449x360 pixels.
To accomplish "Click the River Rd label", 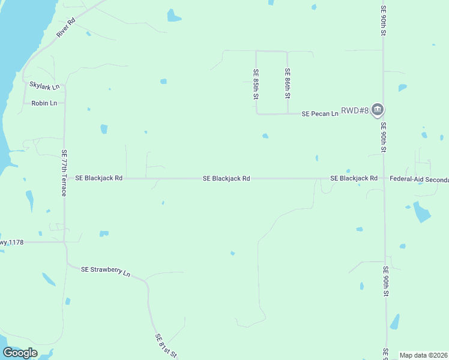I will point(66,28).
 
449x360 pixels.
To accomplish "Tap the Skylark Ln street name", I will point(44,86).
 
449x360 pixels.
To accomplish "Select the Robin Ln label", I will point(44,103).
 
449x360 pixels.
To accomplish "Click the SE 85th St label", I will point(256,84).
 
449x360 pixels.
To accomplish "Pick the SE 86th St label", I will point(288,84).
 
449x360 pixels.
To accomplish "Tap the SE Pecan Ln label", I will point(320,113).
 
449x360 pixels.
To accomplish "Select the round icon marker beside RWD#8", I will point(378,109).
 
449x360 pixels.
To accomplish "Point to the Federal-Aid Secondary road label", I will point(419,179).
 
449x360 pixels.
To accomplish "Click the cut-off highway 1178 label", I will point(12,242).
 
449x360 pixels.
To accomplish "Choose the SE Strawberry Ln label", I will point(106,271).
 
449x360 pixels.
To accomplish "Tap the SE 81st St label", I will point(166,346).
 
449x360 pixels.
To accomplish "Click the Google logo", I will point(20,353).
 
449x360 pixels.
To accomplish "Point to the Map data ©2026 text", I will point(424,355).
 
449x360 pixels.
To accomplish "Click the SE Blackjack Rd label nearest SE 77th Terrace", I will point(98,178).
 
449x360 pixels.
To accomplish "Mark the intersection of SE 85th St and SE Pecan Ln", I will point(257,113).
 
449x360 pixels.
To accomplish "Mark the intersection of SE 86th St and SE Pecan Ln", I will point(288,113).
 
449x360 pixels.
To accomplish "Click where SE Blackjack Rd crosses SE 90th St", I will point(384,178).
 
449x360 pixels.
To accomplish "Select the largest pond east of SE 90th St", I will point(422,212).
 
